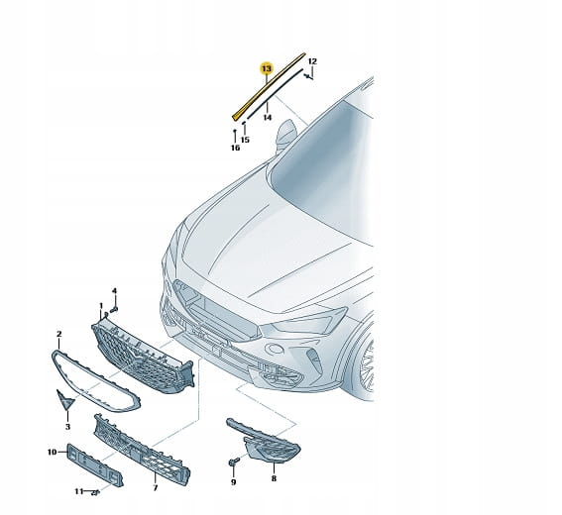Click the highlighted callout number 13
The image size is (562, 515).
pos(267,68)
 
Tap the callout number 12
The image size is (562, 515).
pos(312,61)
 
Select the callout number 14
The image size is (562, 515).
pos(268,118)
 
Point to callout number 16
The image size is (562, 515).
pos(235,148)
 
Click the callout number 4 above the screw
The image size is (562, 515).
pos(114,291)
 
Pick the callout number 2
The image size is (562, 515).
pos(59,334)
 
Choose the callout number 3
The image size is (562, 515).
pos(67,427)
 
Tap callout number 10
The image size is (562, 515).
pos(52,452)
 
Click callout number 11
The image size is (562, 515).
pos(79,491)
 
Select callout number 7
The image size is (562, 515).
pos(156,488)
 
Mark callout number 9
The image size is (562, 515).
pos(233,482)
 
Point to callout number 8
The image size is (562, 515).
pos(274,478)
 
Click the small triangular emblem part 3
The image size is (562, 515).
pos(64,400)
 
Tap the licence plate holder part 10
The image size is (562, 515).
pos(95,464)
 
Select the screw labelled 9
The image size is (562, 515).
pos(233,462)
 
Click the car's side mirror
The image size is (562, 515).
pos(286,136)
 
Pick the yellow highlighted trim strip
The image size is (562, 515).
pos(269,86)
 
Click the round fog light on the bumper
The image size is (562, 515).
pos(275,349)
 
